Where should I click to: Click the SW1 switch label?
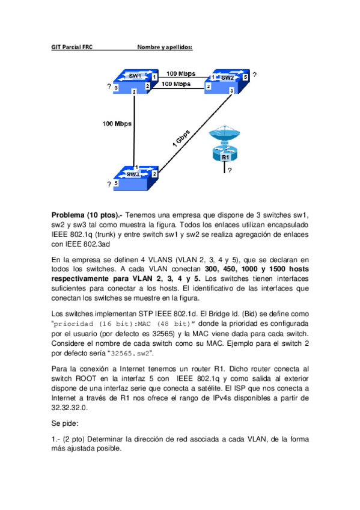point(135,76)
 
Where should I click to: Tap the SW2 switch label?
point(227,78)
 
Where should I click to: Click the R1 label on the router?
point(225,157)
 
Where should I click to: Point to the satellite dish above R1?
point(225,135)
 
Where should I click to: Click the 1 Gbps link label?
point(181,140)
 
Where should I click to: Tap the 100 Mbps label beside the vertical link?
point(117,124)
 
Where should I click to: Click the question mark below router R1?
point(230,170)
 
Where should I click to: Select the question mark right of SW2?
point(254,75)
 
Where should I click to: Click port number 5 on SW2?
point(245,78)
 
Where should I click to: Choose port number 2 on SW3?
point(154,174)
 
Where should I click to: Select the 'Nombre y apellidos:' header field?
point(165,47)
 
